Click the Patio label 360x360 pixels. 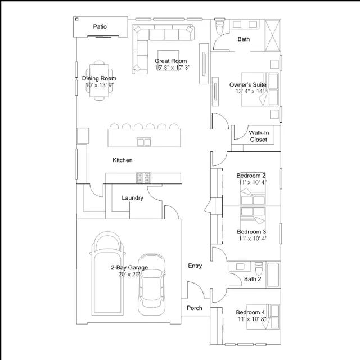click(100, 26)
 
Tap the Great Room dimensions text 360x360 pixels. click(173, 67)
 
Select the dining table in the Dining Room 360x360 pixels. click(99, 81)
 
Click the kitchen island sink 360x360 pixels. click(144, 142)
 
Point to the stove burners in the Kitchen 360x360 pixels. click(143, 178)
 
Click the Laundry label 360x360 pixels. click(133, 198)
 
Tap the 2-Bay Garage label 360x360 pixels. click(129, 268)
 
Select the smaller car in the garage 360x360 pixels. click(151, 284)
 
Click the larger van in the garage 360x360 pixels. click(107, 273)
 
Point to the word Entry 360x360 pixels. click(195, 265)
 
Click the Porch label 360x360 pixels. click(195, 308)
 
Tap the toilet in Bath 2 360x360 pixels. click(259, 268)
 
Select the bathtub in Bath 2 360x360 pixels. click(273, 274)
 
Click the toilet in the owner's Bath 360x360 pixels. click(220, 27)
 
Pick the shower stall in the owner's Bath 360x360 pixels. click(272, 35)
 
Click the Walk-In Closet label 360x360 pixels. click(259, 136)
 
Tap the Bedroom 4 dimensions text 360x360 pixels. click(252, 319)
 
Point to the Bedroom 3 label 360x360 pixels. click(251, 232)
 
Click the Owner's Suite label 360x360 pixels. click(248, 85)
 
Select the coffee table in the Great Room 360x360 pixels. click(168, 60)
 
